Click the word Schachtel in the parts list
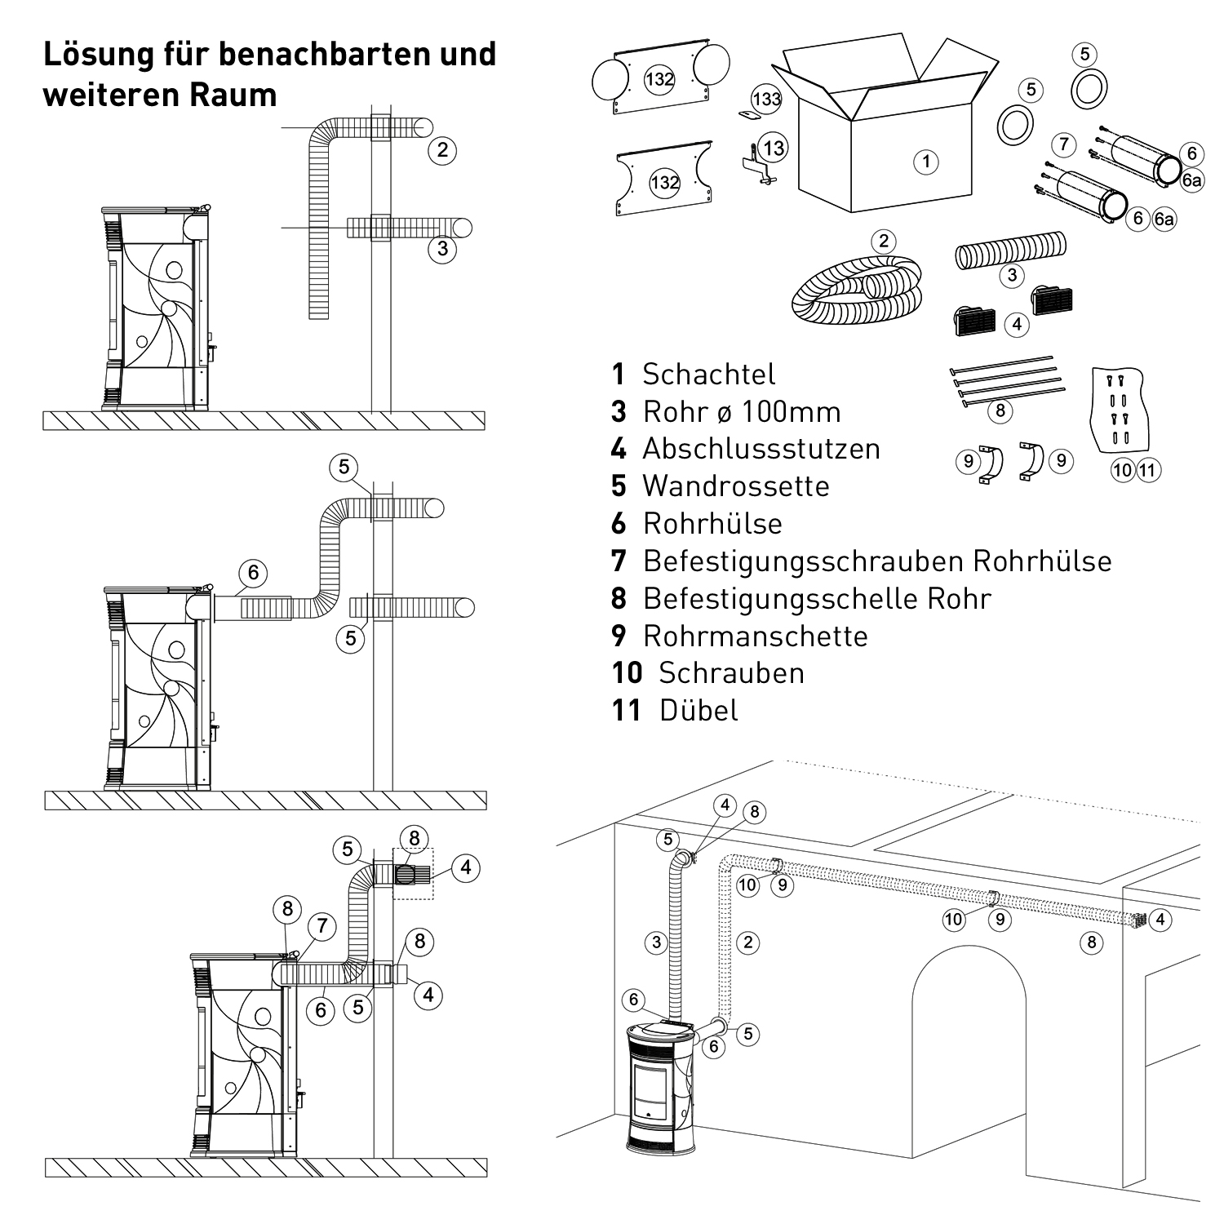tap(708, 375)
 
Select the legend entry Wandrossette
tap(736, 486)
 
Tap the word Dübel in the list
tap(698, 711)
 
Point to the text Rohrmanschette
tap(755, 636)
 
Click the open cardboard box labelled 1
tap(885, 139)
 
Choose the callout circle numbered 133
tap(766, 99)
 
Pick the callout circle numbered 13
tap(773, 148)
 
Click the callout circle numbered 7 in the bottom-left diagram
tap(322, 925)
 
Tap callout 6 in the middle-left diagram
tap(253, 573)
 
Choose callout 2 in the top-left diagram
tap(442, 150)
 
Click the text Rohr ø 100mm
tap(741, 412)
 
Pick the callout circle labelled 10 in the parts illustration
tap(1123, 470)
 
